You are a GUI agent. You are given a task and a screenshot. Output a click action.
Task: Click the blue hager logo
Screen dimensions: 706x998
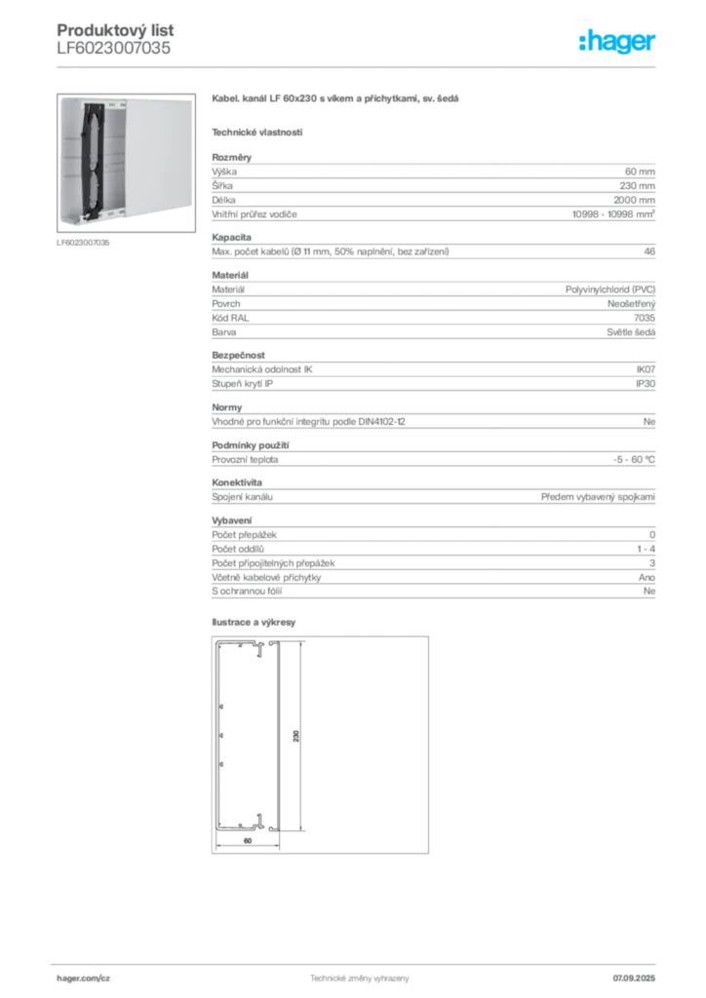[x=618, y=42]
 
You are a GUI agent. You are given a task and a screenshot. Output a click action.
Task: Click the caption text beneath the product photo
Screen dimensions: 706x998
[x=86, y=244]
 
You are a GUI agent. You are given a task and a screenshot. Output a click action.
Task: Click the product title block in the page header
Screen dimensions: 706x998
[x=112, y=39]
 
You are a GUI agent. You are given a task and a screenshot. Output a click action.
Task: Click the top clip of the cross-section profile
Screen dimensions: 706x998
[x=259, y=651]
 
